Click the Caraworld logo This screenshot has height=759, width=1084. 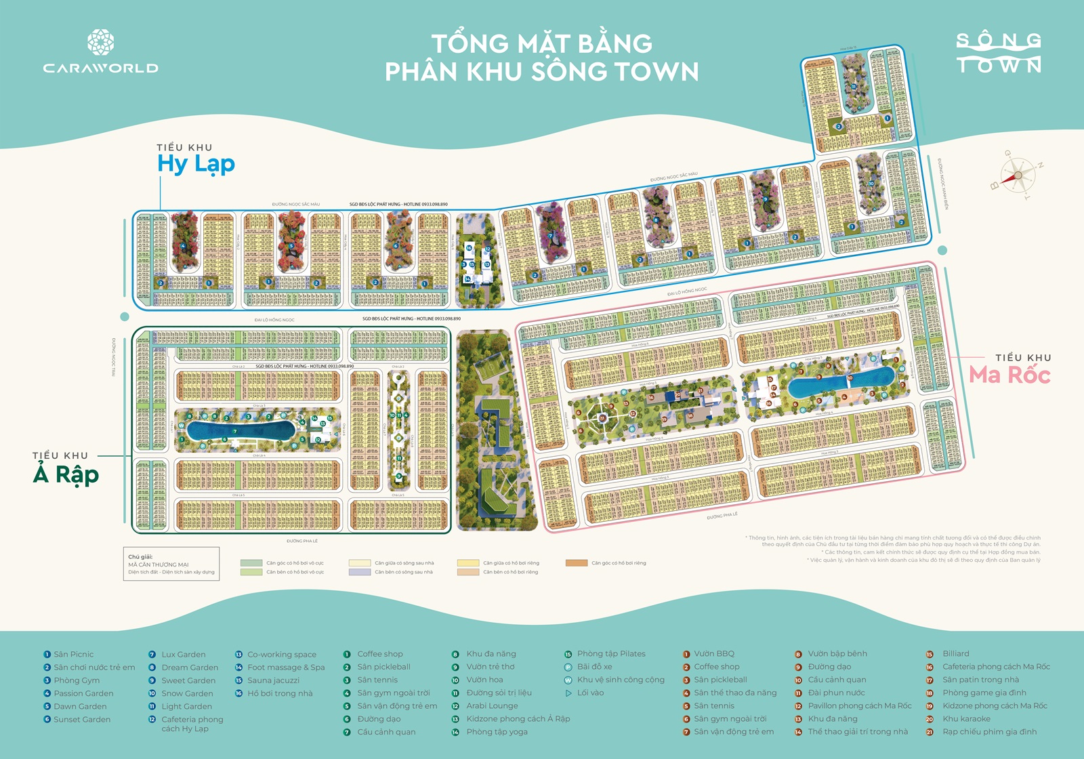(100, 52)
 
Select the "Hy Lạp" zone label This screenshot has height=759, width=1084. (196, 164)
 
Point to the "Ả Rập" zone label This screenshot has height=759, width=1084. (66, 474)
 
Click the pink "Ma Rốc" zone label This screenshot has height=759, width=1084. (1009, 375)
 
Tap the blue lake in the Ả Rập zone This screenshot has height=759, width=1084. (240, 430)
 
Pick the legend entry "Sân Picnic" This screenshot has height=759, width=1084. (73, 655)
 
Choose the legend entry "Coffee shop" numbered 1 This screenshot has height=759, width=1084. (379, 654)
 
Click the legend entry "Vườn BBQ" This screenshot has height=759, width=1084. (713, 654)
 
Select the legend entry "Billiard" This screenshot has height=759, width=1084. (955, 654)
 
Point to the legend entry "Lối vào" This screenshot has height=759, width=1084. (590, 693)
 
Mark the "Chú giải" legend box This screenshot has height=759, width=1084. (171, 564)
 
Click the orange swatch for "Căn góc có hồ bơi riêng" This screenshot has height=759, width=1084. (577, 563)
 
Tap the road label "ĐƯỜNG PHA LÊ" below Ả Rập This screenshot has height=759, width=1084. (302, 541)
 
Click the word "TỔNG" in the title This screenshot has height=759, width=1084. (470, 44)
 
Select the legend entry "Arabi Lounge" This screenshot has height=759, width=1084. (492, 706)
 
